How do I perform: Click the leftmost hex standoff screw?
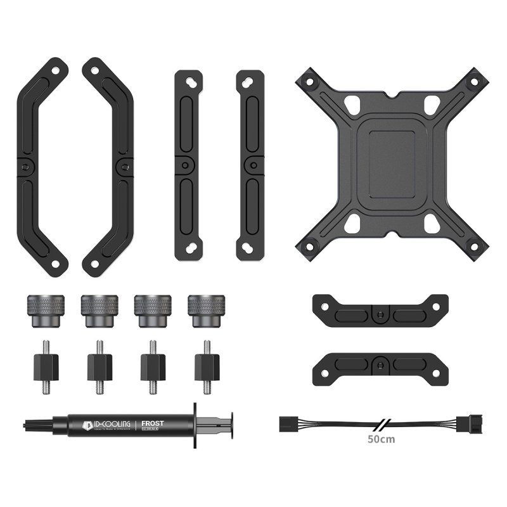tap(46, 367)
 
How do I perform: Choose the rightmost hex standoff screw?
tap(207, 367)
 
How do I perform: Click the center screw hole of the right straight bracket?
tap(253, 165)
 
